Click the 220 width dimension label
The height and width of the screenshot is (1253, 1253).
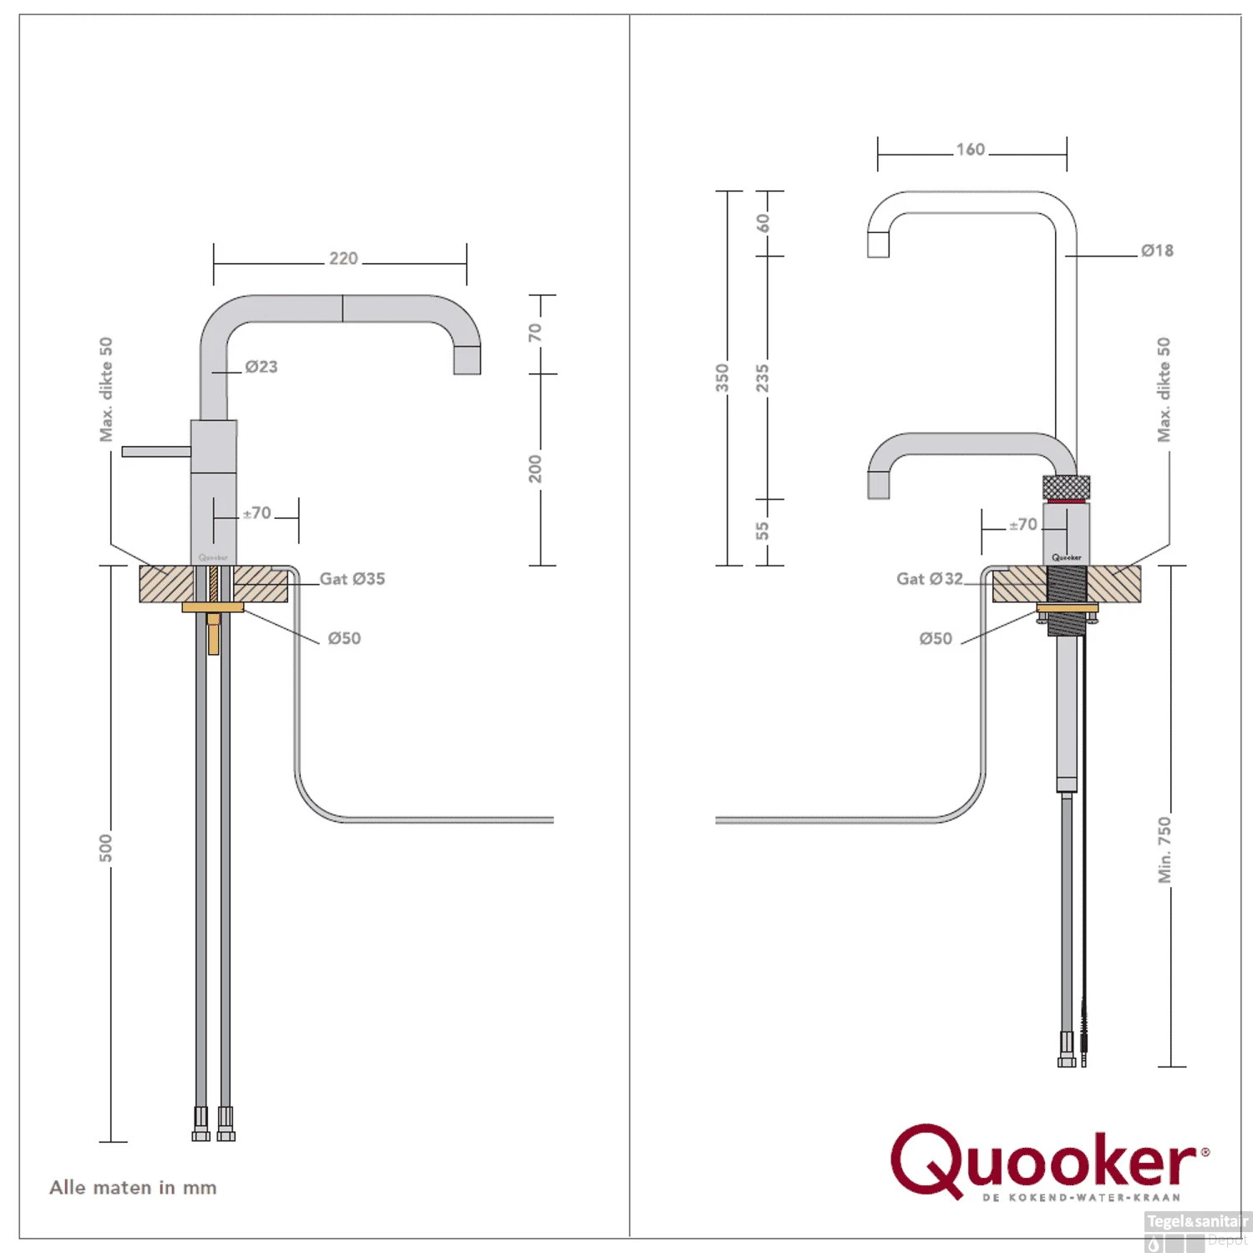tap(343, 259)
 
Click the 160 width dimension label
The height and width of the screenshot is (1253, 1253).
tap(971, 150)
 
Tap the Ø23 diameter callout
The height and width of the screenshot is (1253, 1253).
tap(261, 367)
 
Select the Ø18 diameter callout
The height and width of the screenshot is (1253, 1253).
tap(1157, 251)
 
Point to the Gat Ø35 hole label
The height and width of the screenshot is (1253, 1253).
tap(353, 579)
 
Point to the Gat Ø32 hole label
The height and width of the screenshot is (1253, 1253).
tap(929, 579)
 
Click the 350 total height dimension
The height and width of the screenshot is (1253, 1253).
tap(723, 378)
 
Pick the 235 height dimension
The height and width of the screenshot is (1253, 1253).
tap(762, 378)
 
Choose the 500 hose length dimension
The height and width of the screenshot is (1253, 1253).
tap(106, 847)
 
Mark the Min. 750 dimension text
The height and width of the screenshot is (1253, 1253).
tap(1164, 850)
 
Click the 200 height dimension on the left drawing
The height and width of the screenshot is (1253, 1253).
tap(535, 469)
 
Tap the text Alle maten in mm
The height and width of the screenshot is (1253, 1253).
tap(133, 1187)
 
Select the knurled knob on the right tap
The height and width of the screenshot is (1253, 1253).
tap(1067, 486)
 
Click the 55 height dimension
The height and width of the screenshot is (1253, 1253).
tap(762, 531)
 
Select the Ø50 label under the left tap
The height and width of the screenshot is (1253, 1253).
tap(344, 638)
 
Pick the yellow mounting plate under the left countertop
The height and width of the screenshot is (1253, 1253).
tap(213, 607)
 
